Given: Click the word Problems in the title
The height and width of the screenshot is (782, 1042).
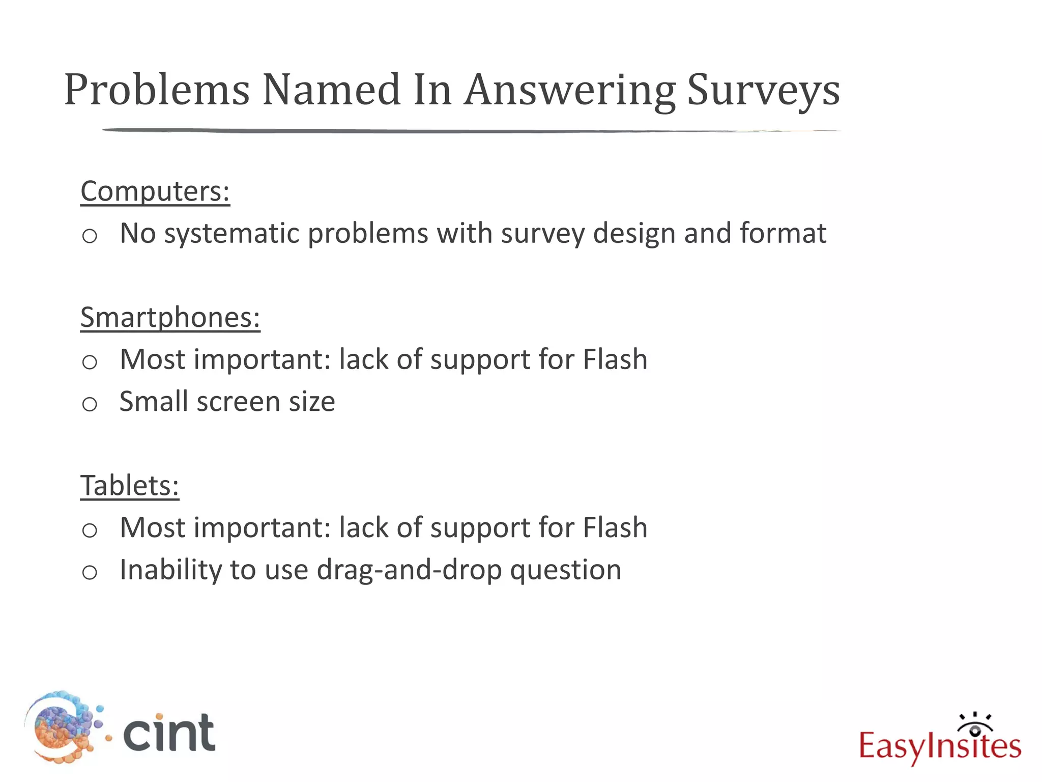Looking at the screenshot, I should click(x=157, y=90).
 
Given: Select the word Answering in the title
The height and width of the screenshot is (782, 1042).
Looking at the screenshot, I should click(x=570, y=90).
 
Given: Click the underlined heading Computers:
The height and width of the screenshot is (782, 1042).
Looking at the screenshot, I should click(x=155, y=191).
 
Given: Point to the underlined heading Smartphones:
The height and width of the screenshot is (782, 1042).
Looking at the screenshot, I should click(x=170, y=318).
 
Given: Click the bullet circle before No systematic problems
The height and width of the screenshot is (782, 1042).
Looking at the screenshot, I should click(x=90, y=236).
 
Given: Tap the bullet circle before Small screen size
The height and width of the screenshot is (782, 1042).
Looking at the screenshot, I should click(x=90, y=404).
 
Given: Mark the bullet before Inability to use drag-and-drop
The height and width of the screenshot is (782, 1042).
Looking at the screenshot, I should click(x=90, y=572).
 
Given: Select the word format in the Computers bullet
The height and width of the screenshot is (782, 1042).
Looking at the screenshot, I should click(x=783, y=234).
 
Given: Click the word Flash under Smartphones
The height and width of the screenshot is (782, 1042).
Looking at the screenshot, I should click(x=615, y=359).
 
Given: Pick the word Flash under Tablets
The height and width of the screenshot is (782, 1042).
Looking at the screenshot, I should click(x=615, y=527).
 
